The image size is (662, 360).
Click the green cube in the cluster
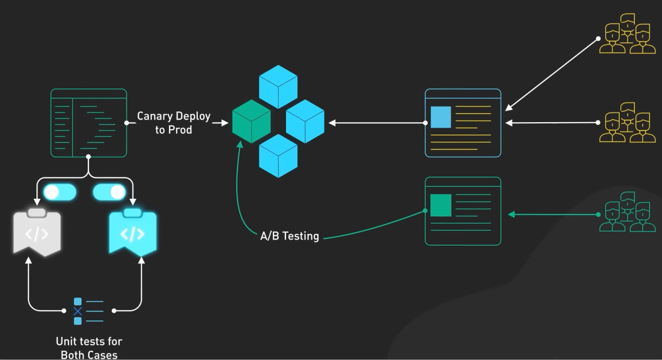pyautogui.click(x=251, y=121)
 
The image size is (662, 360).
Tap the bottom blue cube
pyautogui.click(x=278, y=156)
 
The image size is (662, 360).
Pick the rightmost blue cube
pyautogui.click(x=305, y=121)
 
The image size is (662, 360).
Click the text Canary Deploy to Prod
pyautogui.click(x=174, y=123)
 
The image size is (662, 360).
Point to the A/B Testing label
pyautogui.click(x=290, y=236)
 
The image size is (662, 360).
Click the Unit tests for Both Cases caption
pyautogui.click(x=89, y=348)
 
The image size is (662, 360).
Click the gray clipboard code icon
pyautogui.click(x=37, y=233)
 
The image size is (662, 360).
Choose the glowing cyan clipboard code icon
pyautogui.click(x=133, y=233)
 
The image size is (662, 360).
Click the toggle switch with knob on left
pyautogui.click(x=60, y=192)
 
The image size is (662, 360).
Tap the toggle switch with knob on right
pyautogui.click(x=109, y=192)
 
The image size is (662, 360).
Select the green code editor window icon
pyautogui.click(x=89, y=123)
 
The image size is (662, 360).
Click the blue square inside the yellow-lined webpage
pyautogui.click(x=440, y=117)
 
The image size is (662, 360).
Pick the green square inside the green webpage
pyautogui.click(x=440, y=205)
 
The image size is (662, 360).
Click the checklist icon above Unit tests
pyautogui.click(x=88, y=311)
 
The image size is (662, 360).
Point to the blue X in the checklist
pyautogui.click(x=78, y=311)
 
